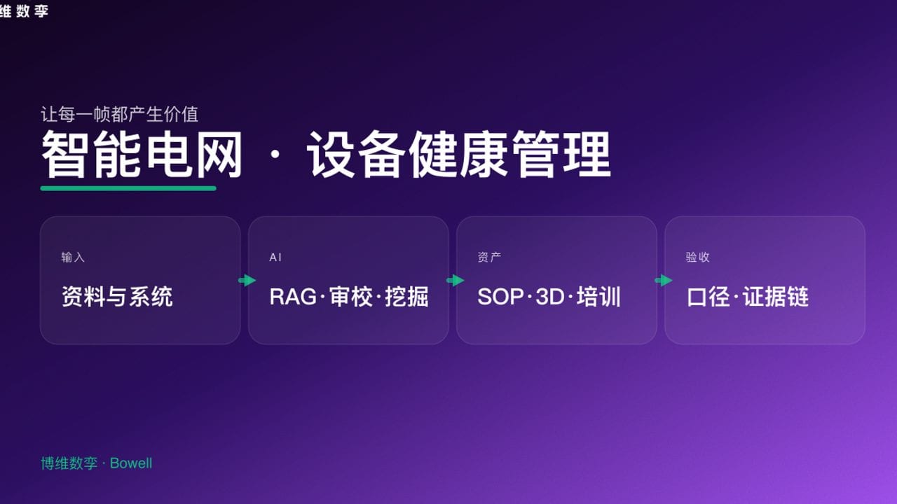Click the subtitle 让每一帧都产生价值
pos(119,113)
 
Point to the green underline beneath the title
pos(128,188)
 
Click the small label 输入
pos(73,258)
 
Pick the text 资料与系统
pos(117,297)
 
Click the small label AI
pos(275,258)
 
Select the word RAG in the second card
pos(293,297)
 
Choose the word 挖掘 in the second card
pos(406,297)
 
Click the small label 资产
pos(489,258)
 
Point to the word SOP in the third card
pos(500,297)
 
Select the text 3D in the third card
pos(549,297)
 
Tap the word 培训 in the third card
pos(599,297)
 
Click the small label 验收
pos(697,258)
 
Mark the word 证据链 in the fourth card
pos(776,297)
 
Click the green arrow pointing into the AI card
pos(247,281)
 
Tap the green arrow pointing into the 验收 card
pos(663,281)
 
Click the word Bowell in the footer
pos(131,463)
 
